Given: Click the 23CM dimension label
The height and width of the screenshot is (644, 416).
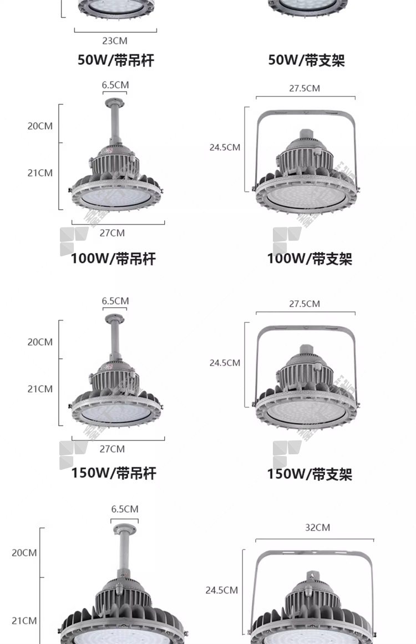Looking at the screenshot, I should coord(115,40).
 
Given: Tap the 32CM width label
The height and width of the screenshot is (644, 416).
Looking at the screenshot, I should coord(317,528).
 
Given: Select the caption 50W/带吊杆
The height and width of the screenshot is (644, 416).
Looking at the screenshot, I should coord(115,60).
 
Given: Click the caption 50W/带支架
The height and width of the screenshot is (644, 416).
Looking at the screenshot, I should coord(306,60).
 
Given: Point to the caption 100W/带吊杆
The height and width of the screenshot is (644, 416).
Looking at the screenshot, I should coord(113,258).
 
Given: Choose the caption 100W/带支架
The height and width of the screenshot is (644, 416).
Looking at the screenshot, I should coord(310,258).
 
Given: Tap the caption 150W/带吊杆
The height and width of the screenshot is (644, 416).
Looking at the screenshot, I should coord(114,473).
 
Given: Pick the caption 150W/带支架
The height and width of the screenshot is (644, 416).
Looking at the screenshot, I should coord(310,474).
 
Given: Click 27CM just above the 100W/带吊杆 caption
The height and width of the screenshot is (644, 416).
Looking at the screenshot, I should coord(112,233).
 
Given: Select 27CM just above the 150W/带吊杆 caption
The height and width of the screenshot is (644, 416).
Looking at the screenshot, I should coord(112,449).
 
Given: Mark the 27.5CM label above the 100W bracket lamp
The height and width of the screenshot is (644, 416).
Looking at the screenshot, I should coord(305,88).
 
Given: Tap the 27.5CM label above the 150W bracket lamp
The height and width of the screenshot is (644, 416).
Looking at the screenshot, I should coord(305,304).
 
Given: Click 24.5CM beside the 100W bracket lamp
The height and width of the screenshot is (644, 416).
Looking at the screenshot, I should coord(225,148).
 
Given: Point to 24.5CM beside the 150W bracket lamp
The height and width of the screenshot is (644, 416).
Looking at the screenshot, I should coord(225,363).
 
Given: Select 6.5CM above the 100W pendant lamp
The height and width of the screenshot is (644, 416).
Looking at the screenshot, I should coord(115,85).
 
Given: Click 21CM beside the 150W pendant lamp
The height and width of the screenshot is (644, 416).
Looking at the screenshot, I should coord(40,389).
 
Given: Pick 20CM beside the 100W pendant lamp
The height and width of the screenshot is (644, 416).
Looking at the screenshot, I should coord(40,126).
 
